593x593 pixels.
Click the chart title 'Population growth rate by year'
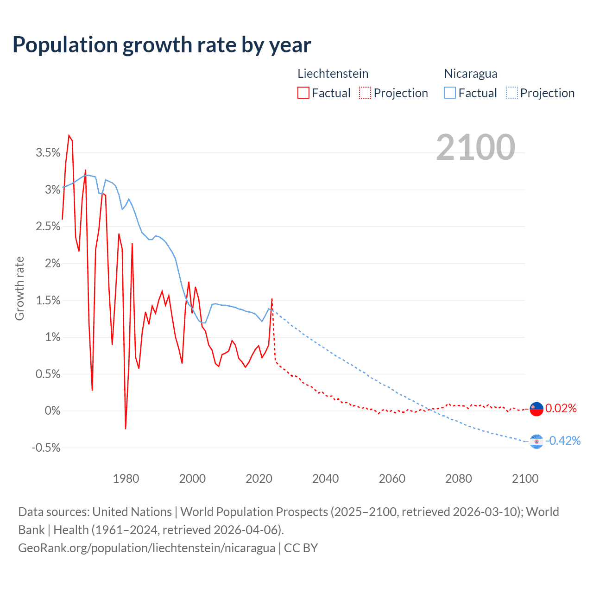[162, 45]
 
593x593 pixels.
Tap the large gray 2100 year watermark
[475, 147]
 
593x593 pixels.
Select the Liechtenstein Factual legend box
[303, 93]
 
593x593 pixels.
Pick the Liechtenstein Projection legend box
[365, 93]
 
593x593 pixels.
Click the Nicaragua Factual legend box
[449, 93]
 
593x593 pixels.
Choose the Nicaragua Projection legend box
[511, 93]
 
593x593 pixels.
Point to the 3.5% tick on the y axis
[48, 153]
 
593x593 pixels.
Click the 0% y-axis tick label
[52, 411]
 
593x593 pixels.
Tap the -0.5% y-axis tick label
[46, 448]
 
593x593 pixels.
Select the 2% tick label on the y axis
[52, 264]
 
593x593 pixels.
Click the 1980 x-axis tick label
[126, 479]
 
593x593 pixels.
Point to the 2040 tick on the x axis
[325, 479]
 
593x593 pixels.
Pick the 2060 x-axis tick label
[392, 479]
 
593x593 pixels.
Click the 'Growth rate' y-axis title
[19, 288]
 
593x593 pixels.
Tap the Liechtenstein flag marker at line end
[536, 409]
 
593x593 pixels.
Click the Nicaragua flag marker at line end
[536, 442]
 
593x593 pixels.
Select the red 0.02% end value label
[561, 409]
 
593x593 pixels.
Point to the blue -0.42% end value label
[563, 441]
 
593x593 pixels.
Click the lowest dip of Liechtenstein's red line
[126, 428]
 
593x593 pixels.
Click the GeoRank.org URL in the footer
[146, 548]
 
